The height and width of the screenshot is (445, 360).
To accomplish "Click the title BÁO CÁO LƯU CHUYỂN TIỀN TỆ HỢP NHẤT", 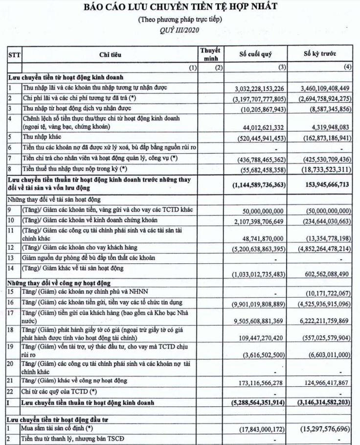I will click(x=180, y=7).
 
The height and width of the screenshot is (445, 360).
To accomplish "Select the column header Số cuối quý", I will click(x=255, y=54).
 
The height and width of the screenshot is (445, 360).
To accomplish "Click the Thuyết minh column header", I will click(x=210, y=54).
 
